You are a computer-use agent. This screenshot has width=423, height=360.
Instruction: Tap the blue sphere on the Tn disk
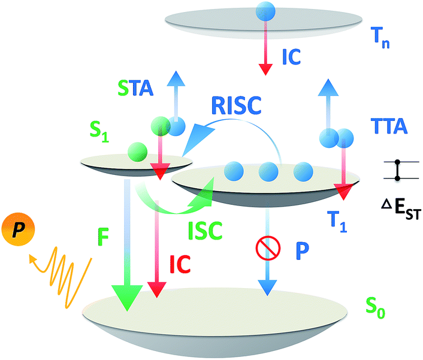tap(264, 10)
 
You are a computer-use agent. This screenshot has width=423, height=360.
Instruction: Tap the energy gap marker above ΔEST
tap(397, 171)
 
